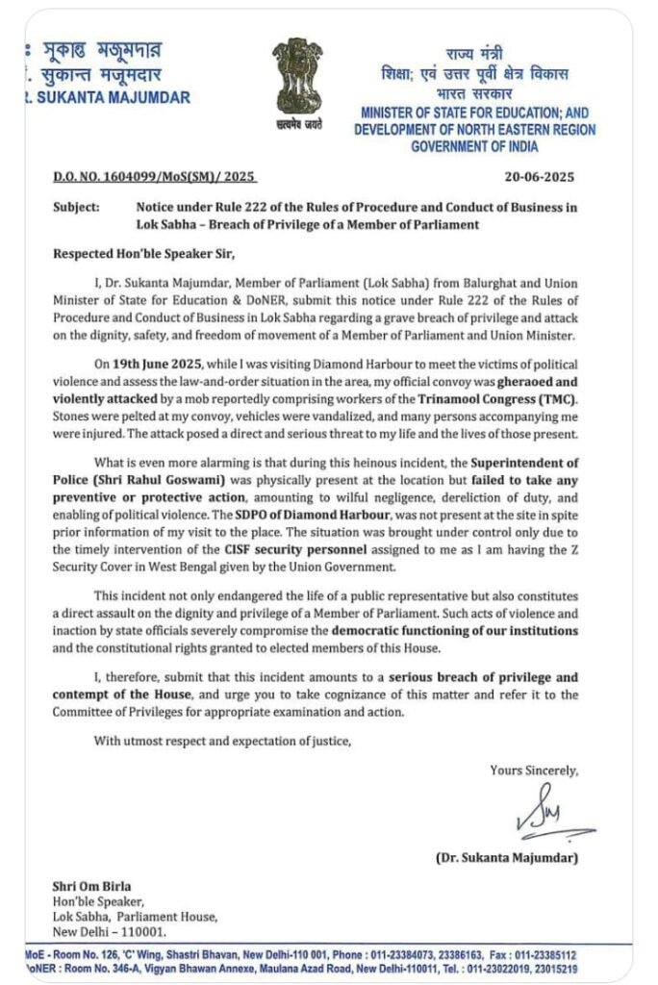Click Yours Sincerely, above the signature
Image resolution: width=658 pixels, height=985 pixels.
[534, 770]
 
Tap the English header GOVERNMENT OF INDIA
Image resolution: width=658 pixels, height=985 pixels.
[474, 146]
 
